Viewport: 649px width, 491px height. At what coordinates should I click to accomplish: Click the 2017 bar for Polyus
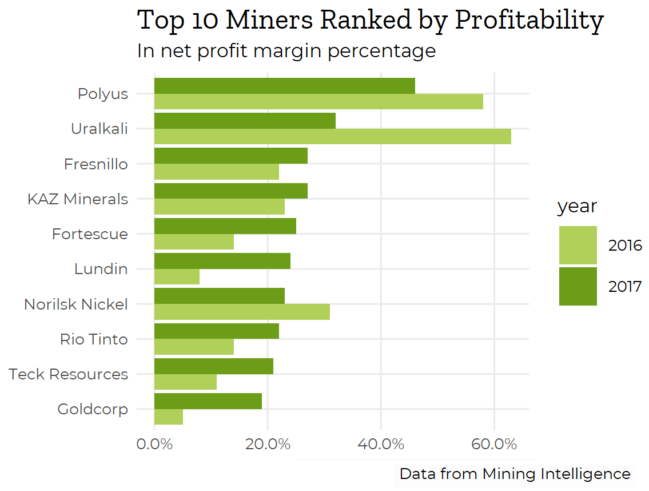pyautogui.click(x=284, y=86)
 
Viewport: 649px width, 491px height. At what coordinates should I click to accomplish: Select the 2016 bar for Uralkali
pyautogui.click(x=332, y=136)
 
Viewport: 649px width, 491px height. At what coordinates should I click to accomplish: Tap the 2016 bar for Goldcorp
pyautogui.click(x=169, y=417)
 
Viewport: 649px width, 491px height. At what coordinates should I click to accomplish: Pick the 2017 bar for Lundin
pyautogui.click(x=222, y=261)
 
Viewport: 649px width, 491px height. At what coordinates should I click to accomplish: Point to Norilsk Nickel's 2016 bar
pyautogui.click(x=242, y=312)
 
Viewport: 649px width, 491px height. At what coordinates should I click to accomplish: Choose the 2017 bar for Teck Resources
pyautogui.click(x=213, y=366)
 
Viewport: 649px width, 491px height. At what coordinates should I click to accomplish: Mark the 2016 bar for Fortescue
pyautogui.click(x=194, y=242)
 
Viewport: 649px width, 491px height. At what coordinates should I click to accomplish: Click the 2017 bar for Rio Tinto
pyautogui.click(x=216, y=331)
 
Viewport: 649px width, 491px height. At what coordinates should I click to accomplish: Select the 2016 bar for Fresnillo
pyautogui.click(x=216, y=172)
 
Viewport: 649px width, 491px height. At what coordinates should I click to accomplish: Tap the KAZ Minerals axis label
pyautogui.click(x=78, y=199)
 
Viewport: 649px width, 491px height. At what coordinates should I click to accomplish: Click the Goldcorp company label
pyautogui.click(x=93, y=409)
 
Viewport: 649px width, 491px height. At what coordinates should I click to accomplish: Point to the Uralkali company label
pyautogui.click(x=99, y=129)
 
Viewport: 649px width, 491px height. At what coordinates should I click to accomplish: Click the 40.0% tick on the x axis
pyautogui.click(x=381, y=444)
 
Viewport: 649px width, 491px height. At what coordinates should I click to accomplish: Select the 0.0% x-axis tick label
pyautogui.click(x=154, y=444)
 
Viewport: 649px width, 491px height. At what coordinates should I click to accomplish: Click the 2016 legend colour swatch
pyautogui.click(x=578, y=245)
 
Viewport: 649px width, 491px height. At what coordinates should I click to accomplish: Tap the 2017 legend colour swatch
pyautogui.click(x=578, y=286)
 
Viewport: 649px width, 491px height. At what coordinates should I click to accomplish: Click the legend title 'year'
pyautogui.click(x=577, y=206)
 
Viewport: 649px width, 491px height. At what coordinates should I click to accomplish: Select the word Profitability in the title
pyautogui.click(x=529, y=20)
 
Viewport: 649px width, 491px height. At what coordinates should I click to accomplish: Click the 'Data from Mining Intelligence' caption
pyautogui.click(x=515, y=474)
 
